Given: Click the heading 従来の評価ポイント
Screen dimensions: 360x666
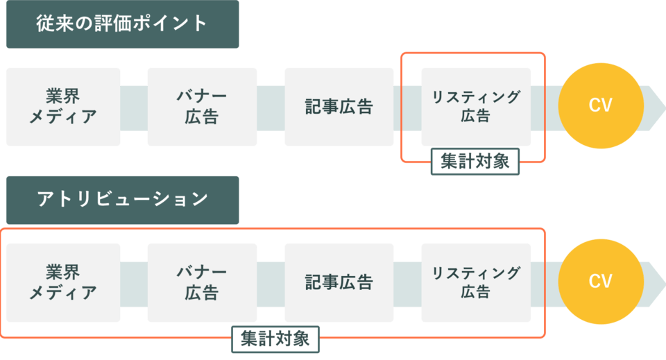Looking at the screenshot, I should [x=122, y=24].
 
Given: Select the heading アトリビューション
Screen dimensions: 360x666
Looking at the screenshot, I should [x=122, y=199].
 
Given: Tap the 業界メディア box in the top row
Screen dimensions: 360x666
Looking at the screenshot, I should [x=63, y=107].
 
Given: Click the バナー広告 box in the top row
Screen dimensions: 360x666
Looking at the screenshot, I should [x=201, y=107].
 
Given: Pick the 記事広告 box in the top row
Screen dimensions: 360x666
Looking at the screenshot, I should [x=339, y=107].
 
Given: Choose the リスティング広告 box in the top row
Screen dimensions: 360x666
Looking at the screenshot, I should [x=476, y=107].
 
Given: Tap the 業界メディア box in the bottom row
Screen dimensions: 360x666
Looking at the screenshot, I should [x=63, y=282].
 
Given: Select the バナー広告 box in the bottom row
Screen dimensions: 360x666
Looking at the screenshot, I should [x=201, y=282].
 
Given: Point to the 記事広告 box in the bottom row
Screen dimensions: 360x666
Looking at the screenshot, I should [x=339, y=282].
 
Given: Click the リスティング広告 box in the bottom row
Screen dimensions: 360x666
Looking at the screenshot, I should [x=476, y=282].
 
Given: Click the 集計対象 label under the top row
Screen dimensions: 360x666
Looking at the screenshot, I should [x=475, y=162].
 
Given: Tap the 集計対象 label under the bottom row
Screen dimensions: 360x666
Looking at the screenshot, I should [x=275, y=338].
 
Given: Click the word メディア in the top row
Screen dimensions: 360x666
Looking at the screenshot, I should [x=63, y=117].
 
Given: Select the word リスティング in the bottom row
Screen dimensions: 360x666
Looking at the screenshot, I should [x=476, y=273].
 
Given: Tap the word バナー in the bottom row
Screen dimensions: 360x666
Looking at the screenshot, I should [x=201, y=272].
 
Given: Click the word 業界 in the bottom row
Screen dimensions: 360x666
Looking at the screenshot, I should [x=63, y=272].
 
